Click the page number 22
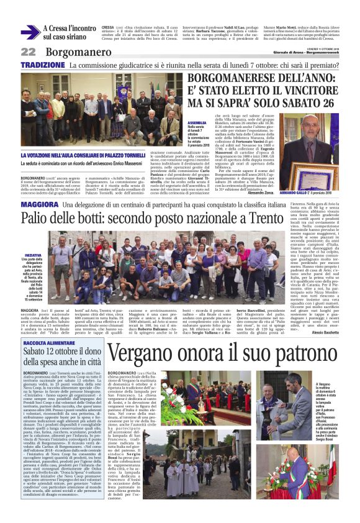(x=28, y=52)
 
